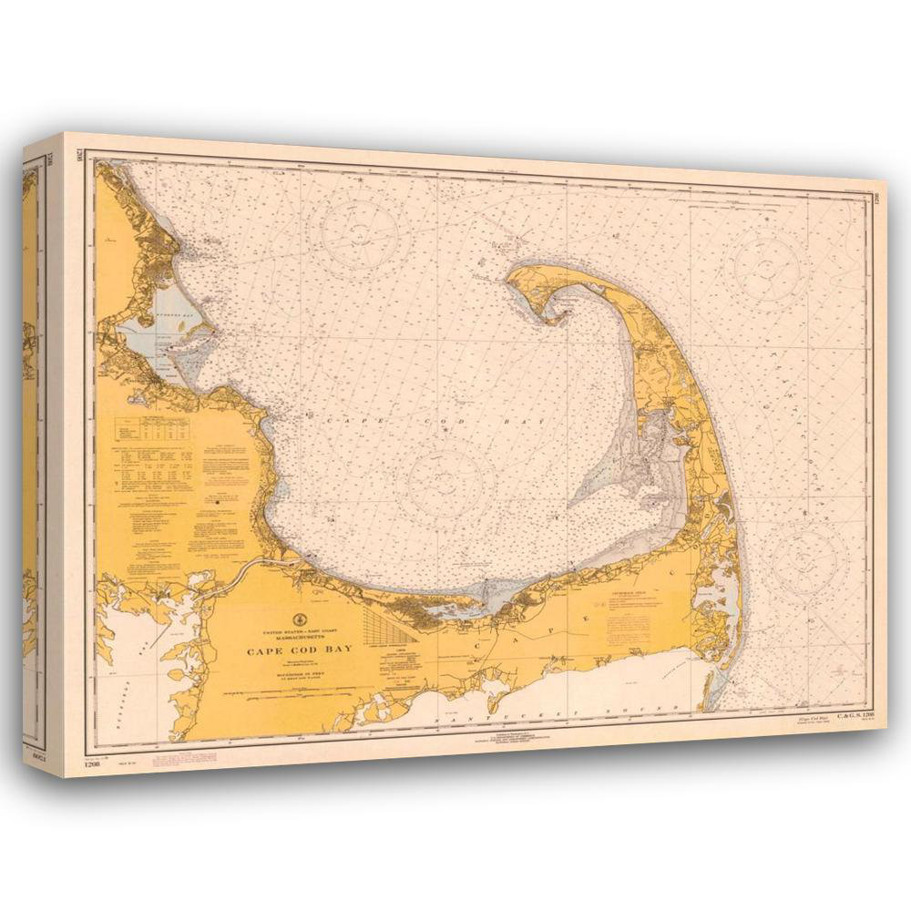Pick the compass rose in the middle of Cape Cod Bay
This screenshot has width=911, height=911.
(446, 483)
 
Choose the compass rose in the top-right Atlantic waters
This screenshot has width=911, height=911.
(768, 267)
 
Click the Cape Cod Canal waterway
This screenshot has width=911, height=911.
(244, 574)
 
